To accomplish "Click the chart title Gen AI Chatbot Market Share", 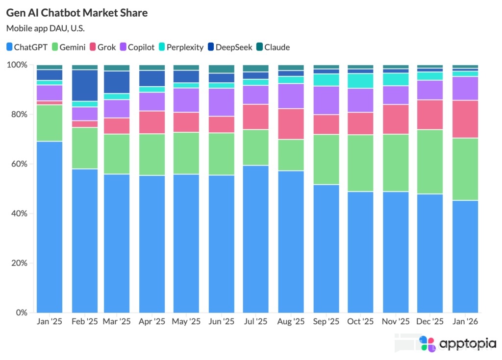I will (77, 13).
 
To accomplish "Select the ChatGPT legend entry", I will (27, 48).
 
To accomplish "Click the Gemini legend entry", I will (69, 48).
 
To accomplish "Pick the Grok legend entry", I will (102, 48).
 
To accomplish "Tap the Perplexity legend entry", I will (180, 48).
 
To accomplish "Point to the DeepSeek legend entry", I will (230, 48).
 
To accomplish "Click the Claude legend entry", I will (273, 48).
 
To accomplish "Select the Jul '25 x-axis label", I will (255, 322).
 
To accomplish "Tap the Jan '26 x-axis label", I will (465, 322).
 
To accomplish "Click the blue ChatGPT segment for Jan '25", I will (50, 225).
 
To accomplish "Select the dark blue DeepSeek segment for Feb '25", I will (84, 85).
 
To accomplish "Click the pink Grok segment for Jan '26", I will (465, 119).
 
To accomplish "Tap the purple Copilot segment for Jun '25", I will (222, 102).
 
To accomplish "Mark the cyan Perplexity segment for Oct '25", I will (360, 81).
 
